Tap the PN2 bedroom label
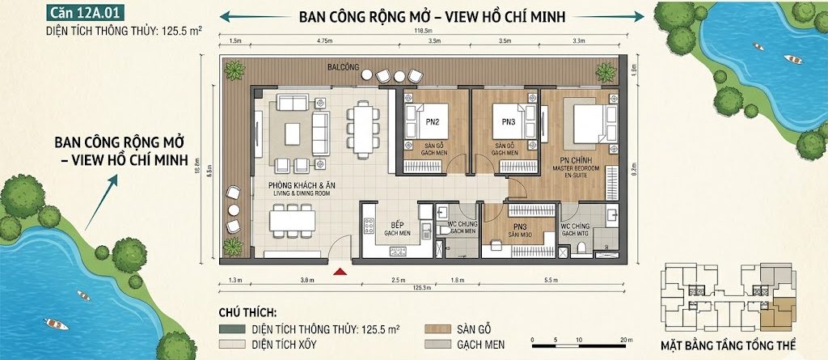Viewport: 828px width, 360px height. click(x=433, y=122)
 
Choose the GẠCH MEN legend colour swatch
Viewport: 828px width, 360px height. click(x=439, y=344)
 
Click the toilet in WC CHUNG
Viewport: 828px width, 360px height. click(x=443, y=230)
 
